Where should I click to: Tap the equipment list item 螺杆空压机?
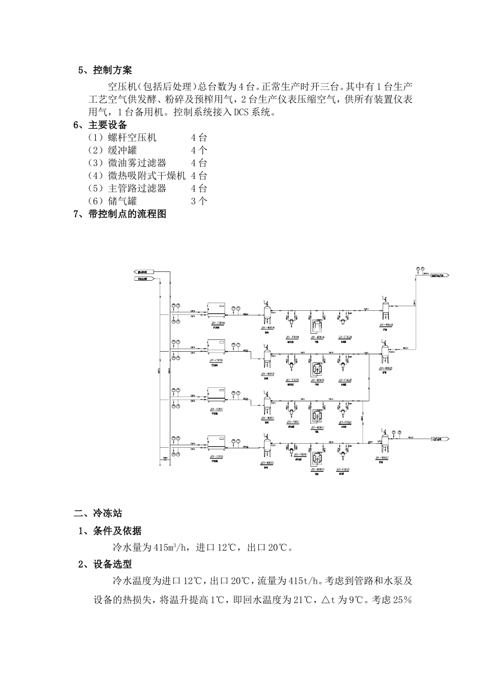pos(132,138)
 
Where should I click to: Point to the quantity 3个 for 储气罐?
pos(199,201)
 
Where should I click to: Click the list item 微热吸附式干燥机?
pos(146,176)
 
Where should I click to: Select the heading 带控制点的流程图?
pos(127,214)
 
